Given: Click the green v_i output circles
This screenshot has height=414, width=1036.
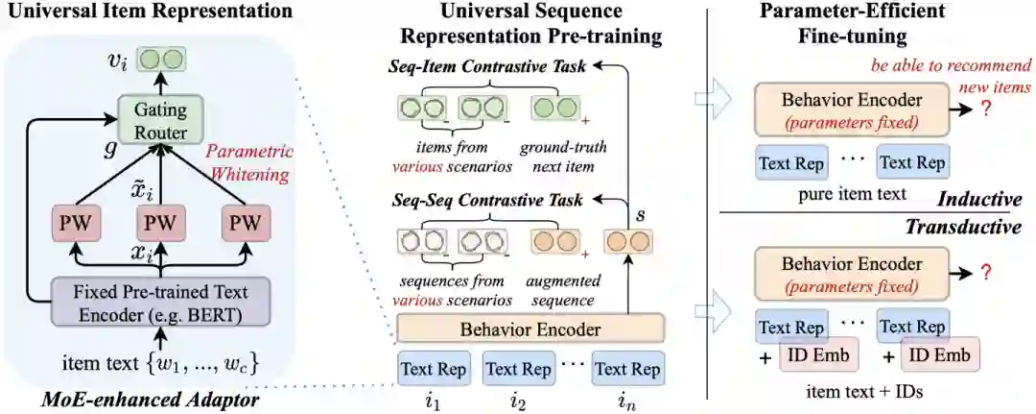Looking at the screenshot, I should [x=160, y=60].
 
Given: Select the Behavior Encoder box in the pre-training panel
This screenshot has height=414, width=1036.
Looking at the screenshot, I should [x=530, y=330].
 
